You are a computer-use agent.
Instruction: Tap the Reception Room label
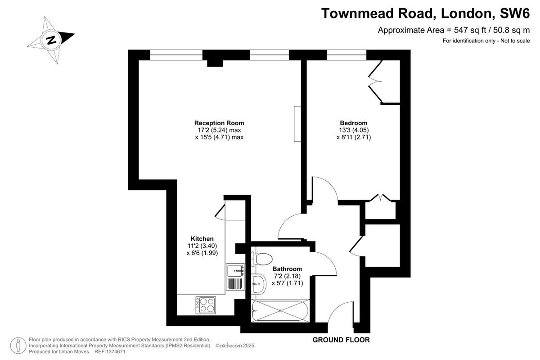pyautogui.click(x=219, y=123)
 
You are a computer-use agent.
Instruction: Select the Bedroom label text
pyautogui.click(x=353, y=123)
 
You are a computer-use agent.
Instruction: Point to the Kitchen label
pyautogui.click(x=202, y=238)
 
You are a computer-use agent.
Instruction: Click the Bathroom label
pyautogui.click(x=287, y=269)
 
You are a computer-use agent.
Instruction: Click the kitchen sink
pyautogui.click(x=234, y=270)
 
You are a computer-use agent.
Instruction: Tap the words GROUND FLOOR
pyautogui.click(x=341, y=340)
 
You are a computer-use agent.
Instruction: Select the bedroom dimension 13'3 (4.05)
pyautogui.click(x=354, y=130)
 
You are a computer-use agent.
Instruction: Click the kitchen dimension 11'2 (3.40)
pyautogui.click(x=202, y=246)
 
